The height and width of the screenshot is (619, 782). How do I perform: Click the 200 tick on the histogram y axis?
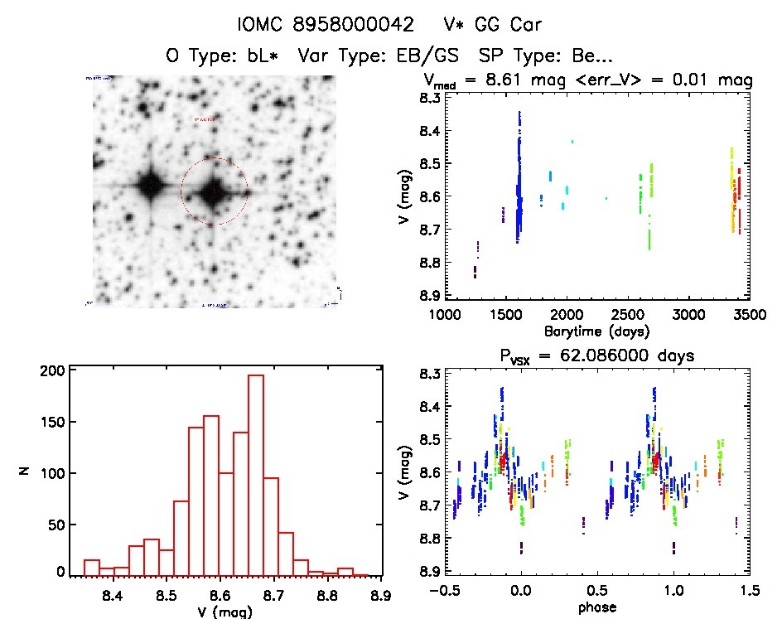(54, 371)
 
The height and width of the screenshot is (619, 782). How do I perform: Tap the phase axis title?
(597, 607)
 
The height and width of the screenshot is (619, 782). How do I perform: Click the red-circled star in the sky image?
(215, 191)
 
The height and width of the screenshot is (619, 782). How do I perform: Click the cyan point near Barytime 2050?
(572, 142)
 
